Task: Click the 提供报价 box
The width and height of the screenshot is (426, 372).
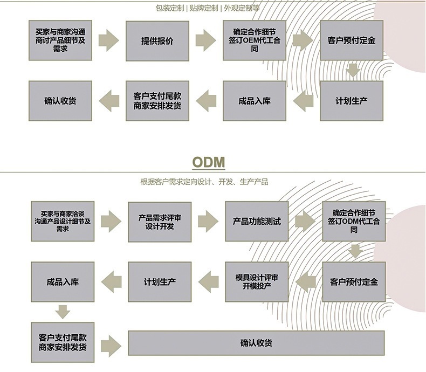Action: coord(157,41)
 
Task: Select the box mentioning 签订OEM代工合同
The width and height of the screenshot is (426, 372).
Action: coord(255,40)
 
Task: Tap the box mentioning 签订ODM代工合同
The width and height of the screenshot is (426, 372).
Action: coord(354,221)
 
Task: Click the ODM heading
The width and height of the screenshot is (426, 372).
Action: coord(209,162)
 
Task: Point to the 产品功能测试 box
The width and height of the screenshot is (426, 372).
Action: coord(257,221)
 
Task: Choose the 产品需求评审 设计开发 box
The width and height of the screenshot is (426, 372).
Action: coord(160,222)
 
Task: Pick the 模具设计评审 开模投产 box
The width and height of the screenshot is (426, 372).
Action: coord(257,282)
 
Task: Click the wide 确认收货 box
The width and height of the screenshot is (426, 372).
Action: coord(256,343)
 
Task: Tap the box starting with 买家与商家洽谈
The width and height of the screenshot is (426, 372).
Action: coord(63,221)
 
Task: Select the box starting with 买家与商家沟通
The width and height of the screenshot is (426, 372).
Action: coord(60,40)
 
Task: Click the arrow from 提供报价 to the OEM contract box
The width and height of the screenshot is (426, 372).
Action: coord(205,40)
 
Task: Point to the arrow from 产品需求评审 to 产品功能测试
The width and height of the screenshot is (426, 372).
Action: coord(208,221)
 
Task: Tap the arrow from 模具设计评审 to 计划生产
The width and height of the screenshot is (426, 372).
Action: coord(209,282)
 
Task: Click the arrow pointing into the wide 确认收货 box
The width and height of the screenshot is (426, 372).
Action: coord(111,346)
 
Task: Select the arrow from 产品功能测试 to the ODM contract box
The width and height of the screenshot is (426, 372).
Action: coord(305,221)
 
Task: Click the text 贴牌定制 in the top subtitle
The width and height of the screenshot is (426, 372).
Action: coord(204,8)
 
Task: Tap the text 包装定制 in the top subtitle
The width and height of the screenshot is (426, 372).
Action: coord(170,8)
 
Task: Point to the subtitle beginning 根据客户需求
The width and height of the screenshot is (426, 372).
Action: coord(204,182)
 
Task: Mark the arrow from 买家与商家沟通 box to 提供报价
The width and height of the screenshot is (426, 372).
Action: coord(109,40)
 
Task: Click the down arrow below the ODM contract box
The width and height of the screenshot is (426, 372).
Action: coord(356,251)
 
